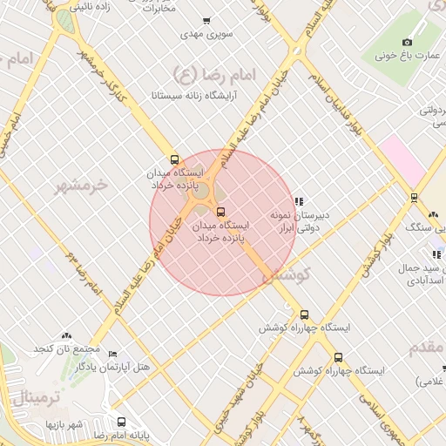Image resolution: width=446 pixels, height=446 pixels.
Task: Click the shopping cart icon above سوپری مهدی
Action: pyautogui.click(x=206, y=21)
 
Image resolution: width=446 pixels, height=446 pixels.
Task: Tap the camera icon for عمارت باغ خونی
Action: pyautogui.click(x=407, y=42)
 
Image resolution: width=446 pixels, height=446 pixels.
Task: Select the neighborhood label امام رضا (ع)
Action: pyautogui.click(x=211, y=74)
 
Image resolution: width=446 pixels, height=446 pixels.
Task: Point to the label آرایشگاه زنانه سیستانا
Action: pyautogui.click(x=190, y=93)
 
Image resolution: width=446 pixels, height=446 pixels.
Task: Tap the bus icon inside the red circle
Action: pyautogui.click(x=220, y=211)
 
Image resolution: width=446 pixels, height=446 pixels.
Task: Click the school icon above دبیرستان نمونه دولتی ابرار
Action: pyautogui.click(x=300, y=201)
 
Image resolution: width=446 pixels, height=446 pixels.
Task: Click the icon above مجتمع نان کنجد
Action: pyautogui.click(x=66, y=336)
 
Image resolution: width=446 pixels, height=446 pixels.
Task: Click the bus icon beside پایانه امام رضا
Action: pyautogui.click(x=121, y=422)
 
